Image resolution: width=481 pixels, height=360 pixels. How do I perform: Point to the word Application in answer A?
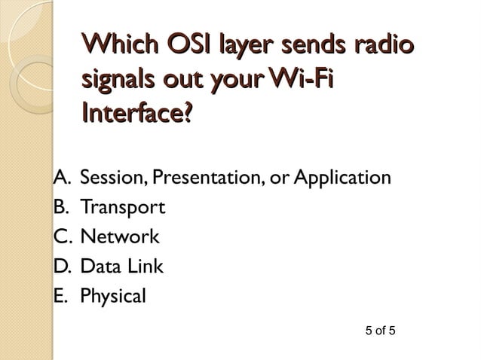click(343, 179)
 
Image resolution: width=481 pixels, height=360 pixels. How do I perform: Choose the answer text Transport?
click(122, 208)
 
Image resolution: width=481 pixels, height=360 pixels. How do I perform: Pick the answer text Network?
click(120, 237)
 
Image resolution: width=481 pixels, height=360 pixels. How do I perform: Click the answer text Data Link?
click(121, 267)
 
